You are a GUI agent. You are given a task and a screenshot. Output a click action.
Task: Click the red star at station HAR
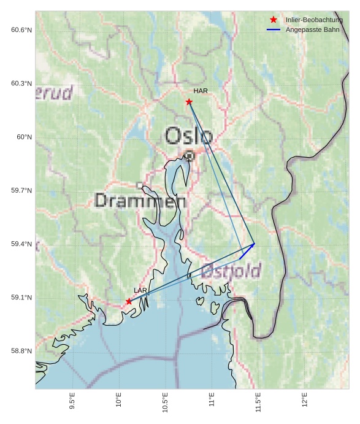click(x=189, y=102)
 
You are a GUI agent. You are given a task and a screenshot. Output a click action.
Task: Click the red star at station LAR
click(x=129, y=301)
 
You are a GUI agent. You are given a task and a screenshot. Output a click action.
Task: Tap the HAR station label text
click(x=201, y=91)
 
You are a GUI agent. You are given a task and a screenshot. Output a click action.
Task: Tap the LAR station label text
click(x=140, y=290)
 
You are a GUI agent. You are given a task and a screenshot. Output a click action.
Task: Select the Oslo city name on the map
click(x=189, y=136)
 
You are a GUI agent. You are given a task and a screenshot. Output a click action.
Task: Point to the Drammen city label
click(x=140, y=201)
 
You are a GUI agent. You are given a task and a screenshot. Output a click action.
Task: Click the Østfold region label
click(x=231, y=271)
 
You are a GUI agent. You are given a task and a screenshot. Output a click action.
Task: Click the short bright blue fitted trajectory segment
click(x=247, y=251)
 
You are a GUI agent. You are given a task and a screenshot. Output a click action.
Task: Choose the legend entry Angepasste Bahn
click(x=313, y=29)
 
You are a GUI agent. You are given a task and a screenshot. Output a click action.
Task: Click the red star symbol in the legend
click(x=274, y=20)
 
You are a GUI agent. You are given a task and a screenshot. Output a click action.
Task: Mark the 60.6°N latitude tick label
click(x=21, y=30)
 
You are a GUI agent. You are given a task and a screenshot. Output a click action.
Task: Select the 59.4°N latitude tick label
click(x=21, y=244)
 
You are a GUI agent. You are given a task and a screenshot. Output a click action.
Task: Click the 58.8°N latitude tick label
click(x=21, y=351)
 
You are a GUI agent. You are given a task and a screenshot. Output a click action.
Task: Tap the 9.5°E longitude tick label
click(x=72, y=401)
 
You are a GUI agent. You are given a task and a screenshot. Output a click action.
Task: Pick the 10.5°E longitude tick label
click(x=165, y=401)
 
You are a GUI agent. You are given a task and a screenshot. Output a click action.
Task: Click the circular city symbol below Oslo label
click(x=190, y=156)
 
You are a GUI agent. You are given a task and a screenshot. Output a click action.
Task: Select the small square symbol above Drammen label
click(x=140, y=185)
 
